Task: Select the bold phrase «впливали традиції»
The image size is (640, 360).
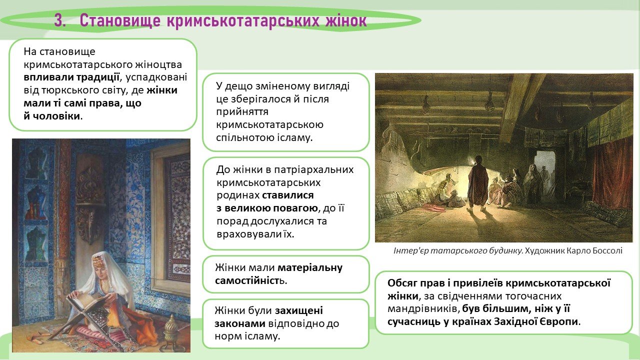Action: [71, 77]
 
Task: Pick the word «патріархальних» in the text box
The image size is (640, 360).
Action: [313, 169]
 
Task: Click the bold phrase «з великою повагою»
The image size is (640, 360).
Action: [267, 208]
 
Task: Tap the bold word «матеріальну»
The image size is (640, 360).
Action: [310, 267]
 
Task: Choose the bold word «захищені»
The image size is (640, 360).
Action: [299, 310]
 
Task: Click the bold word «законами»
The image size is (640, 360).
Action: [240, 323]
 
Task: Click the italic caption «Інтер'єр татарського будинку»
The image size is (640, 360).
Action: [458, 251]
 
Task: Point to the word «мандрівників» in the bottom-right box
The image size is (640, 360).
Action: [423, 309]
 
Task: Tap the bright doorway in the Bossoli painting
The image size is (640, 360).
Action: [545, 171]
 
